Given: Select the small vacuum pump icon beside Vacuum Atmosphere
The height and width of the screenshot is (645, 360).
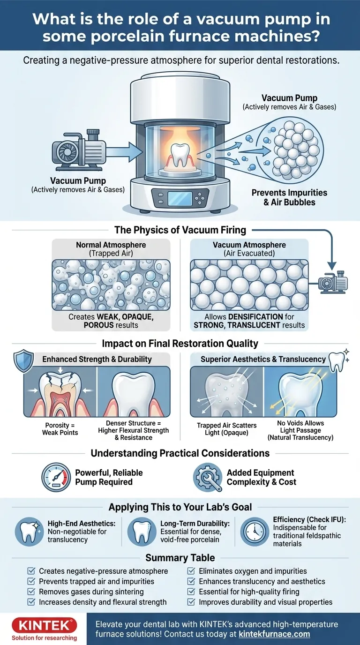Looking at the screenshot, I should click(x=333, y=283).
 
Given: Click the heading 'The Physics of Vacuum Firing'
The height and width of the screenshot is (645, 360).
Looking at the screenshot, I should click(x=180, y=230).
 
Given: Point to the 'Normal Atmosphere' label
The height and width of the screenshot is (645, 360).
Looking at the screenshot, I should click(x=111, y=245).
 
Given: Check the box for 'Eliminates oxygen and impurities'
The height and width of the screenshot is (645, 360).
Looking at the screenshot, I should click(x=191, y=571).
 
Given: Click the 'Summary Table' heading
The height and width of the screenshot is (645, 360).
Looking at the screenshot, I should click(x=180, y=558).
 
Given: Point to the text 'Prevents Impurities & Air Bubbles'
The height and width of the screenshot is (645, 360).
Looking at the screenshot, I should click(x=289, y=197).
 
